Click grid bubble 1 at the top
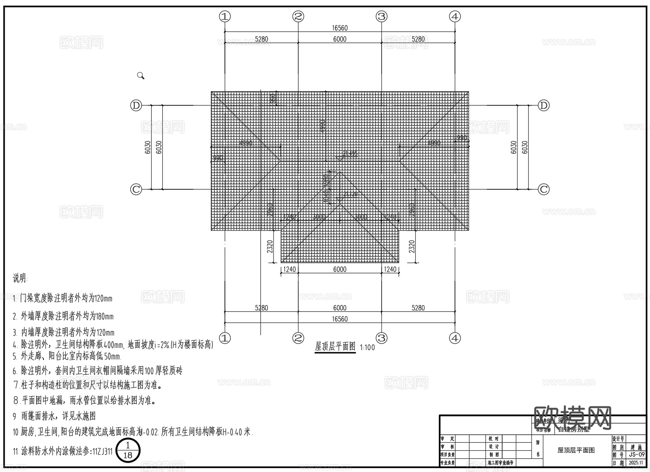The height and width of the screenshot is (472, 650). pyautogui.click(x=225, y=17)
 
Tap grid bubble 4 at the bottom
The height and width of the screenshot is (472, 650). pyautogui.click(x=455, y=338)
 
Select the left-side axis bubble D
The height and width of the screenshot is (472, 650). pyautogui.click(x=136, y=105)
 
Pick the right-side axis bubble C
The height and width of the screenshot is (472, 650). pyautogui.click(x=544, y=189)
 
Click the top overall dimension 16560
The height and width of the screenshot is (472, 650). pyautogui.click(x=339, y=28)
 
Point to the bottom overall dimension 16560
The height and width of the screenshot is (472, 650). pyautogui.click(x=339, y=319)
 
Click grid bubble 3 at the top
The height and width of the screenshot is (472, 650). pyautogui.click(x=381, y=17)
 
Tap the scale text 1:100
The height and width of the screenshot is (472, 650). pyautogui.click(x=368, y=347)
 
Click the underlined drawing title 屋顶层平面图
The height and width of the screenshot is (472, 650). pyautogui.click(x=335, y=347)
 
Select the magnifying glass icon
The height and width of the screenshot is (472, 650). pyautogui.click(x=141, y=76)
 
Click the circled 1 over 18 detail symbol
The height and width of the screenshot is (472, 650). pyautogui.click(x=128, y=450)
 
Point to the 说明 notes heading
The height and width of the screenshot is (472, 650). pyautogui.click(x=20, y=279)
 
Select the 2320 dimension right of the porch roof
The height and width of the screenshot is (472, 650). pyautogui.click(x=411, y=246)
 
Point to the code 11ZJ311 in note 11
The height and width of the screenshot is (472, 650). pyautogui.click(x=103, y=451)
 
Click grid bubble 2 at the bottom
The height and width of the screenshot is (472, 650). pyautogui.click(x=298, y=338)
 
